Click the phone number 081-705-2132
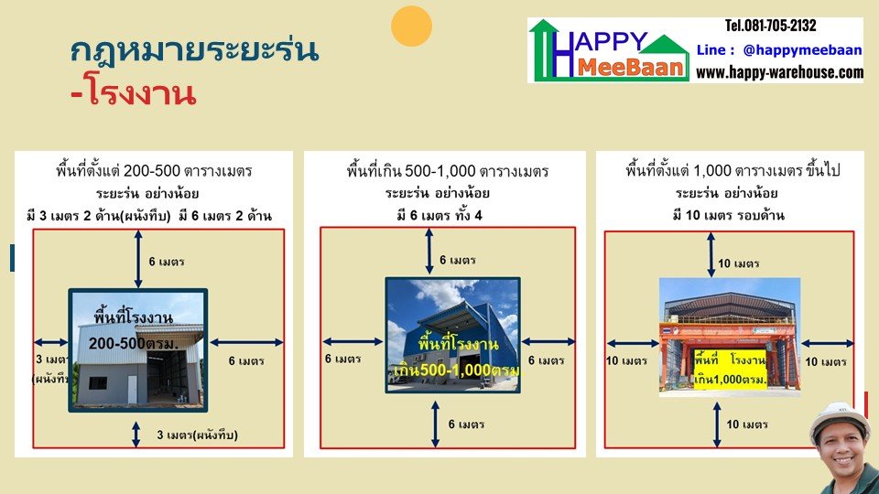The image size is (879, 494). point(770,26)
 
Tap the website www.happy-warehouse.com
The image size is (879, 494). point(779,72)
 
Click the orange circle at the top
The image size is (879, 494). point(411,26)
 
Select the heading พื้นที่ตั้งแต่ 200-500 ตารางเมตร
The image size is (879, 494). point(154,170)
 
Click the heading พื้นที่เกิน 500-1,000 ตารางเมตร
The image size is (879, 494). point(448,170)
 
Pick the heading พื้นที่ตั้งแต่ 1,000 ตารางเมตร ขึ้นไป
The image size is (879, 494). point(732,170)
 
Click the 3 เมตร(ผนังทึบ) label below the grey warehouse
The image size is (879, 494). point(199,435)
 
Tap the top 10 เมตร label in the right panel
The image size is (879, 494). point(738,263)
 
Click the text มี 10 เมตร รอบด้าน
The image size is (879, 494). point(732,215)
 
